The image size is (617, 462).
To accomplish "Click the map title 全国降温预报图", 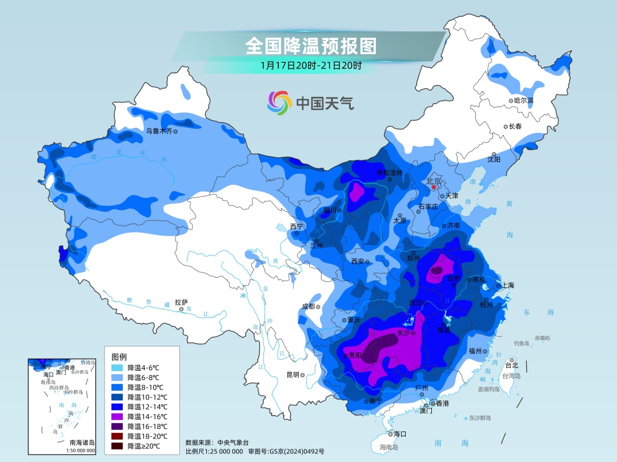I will [311, 44].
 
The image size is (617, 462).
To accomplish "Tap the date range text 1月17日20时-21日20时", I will [311, 66].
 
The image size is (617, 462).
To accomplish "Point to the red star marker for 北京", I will [434, 187].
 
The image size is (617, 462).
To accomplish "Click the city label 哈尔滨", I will [523, 100].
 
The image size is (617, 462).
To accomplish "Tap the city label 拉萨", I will [181, 302].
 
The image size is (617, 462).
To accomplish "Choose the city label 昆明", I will [292, 375].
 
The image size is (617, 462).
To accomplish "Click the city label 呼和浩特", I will [390, 173].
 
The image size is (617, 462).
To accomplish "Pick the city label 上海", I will [508, 286].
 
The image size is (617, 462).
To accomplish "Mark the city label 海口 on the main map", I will [399, 434].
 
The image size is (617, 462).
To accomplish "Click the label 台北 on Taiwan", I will [512, 365].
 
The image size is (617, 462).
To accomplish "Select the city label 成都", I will [308, 306].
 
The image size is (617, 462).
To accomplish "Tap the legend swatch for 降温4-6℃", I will [118, 368].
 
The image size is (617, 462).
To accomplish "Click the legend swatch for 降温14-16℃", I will [118, 416].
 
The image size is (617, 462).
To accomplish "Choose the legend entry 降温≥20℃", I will [143, 445].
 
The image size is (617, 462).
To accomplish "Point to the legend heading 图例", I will [119, 356].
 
